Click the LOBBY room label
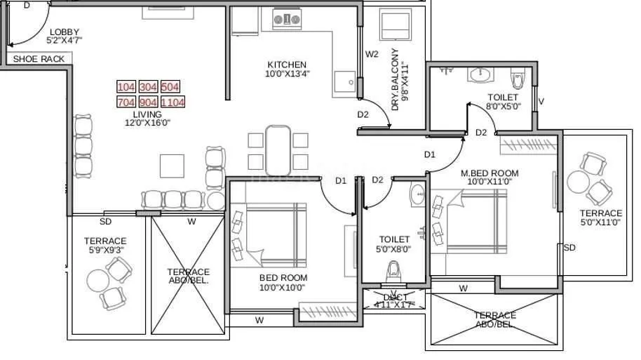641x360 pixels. (x=64, y=32)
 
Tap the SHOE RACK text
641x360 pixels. (x=39, y=59)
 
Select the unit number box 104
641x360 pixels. (x=126, y=87)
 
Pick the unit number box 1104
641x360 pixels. (x=173, y=102)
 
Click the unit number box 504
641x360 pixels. (x=170, y=87)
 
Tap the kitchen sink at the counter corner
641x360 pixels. (x=344, y=81)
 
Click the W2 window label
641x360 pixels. (x=372, y=54)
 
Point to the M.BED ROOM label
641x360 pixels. (x=489, y=173)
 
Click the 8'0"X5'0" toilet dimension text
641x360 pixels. (x=502, y=107)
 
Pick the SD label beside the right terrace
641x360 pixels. (x=569, y=248)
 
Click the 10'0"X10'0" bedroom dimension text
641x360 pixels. (x=283, y=288)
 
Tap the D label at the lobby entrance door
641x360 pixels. (x=27, y=5)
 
